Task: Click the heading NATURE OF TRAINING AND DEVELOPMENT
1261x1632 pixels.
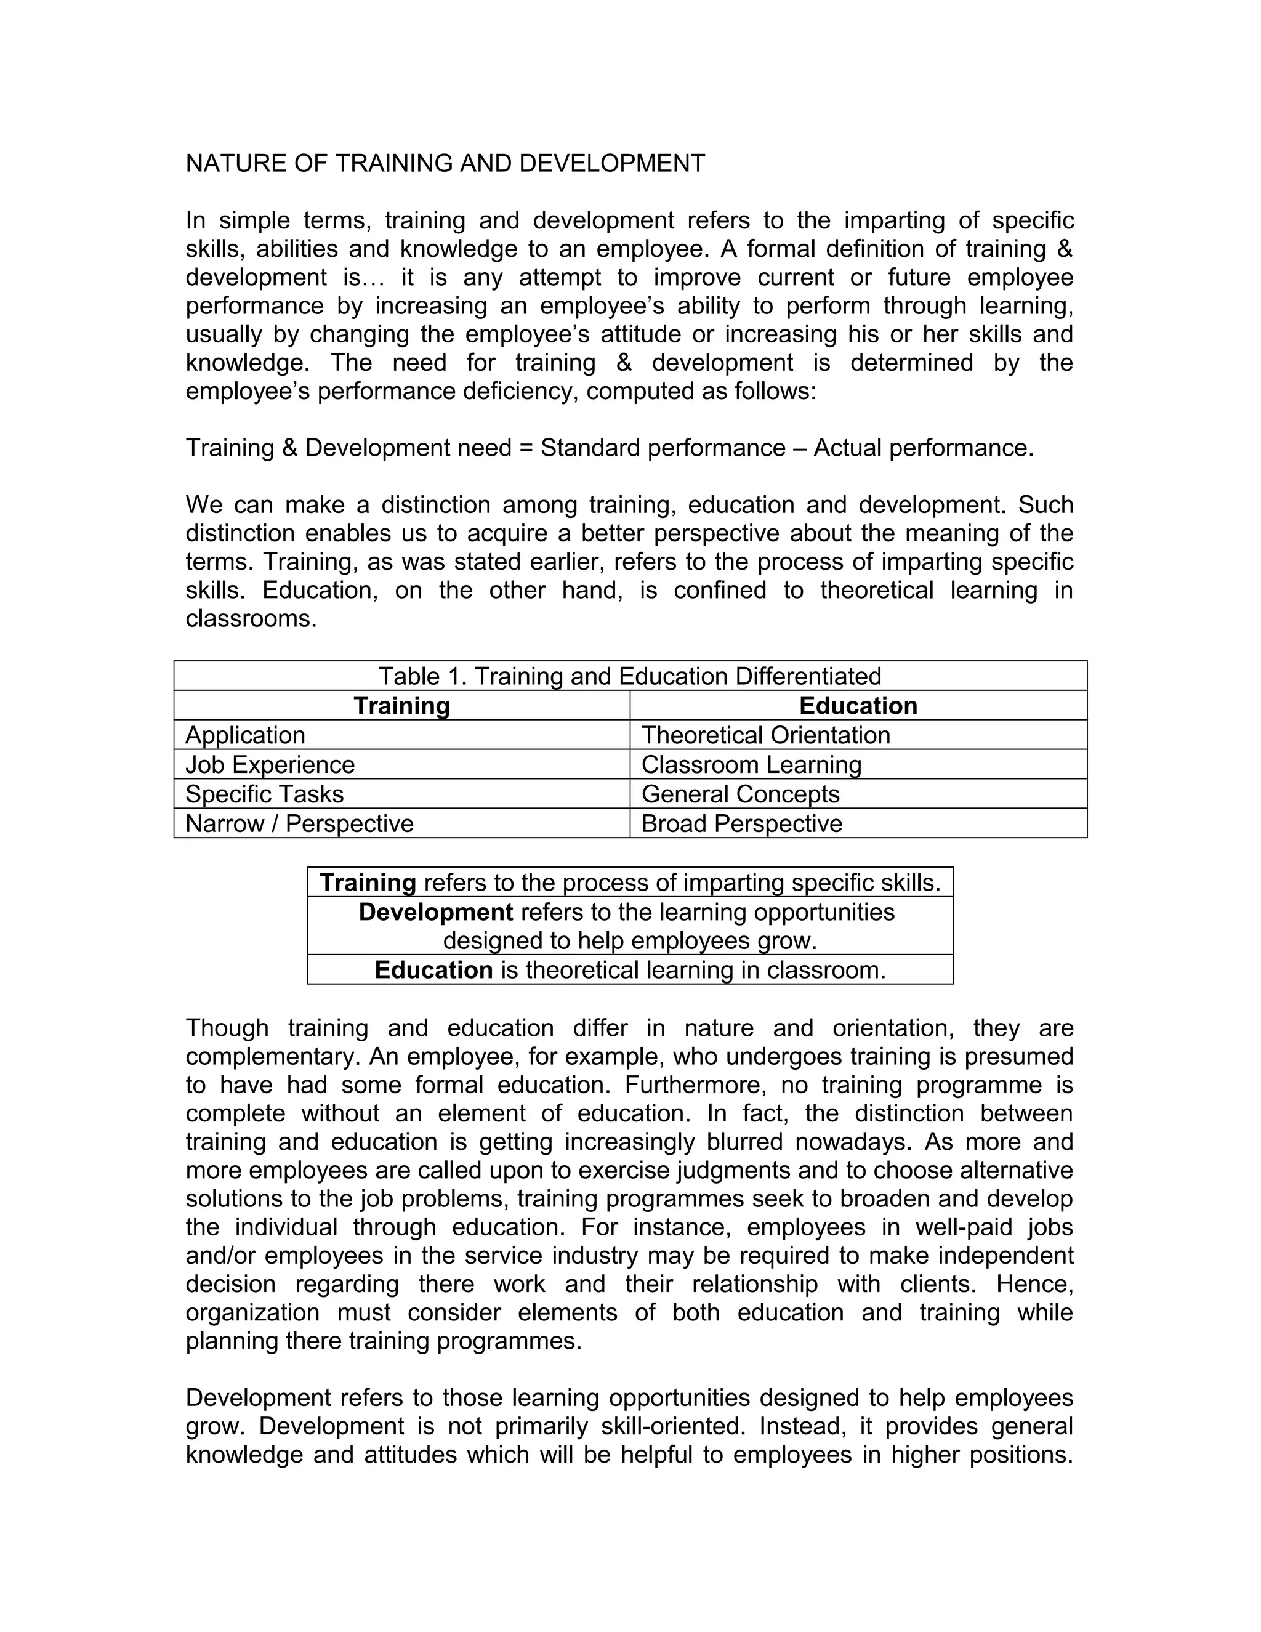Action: coord(445,164)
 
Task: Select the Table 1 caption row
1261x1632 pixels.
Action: coord(630,676)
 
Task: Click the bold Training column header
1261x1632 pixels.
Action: coord(401,705)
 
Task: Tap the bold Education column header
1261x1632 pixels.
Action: coord(858,705)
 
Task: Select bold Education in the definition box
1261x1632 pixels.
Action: coord(433,970)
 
